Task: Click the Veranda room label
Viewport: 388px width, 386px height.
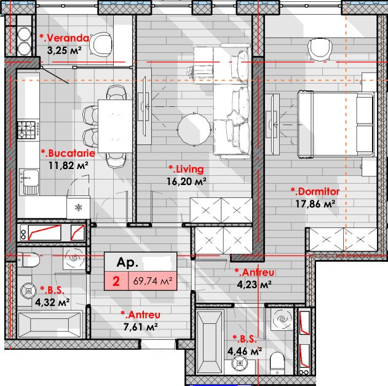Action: click(x=64, y=38)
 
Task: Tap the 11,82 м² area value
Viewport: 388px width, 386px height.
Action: click(x=68, y=165)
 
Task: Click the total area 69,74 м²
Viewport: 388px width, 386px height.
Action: click(x=152, y=281)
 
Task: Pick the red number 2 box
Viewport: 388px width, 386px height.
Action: click(x=116, y=281)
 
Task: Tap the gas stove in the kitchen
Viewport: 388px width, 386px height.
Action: click(x=28, y=130)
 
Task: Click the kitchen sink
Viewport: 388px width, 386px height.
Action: click(x=29, y=182)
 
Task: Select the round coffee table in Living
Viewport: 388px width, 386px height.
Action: click(x=194, y=129)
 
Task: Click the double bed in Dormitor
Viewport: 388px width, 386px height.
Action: click(x=336, y=124)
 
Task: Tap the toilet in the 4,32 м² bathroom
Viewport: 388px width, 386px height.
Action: click(x=28, y=259)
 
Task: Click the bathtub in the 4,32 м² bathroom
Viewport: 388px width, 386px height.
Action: click(x=50, y=325)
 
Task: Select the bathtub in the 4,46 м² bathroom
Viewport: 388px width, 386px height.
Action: click(x=210, y=342)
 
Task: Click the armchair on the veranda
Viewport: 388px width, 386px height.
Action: click(x=100, y=44)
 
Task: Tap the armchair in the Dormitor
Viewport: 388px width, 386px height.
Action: click(x=320, y=49)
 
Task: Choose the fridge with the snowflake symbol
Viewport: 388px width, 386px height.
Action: click(x=79, y=207)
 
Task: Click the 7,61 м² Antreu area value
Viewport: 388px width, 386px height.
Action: click(x=141, y=327)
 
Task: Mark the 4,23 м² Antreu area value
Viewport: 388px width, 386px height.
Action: click(x=255, y=285)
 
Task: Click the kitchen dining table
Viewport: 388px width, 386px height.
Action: click(x=115, y=126)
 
